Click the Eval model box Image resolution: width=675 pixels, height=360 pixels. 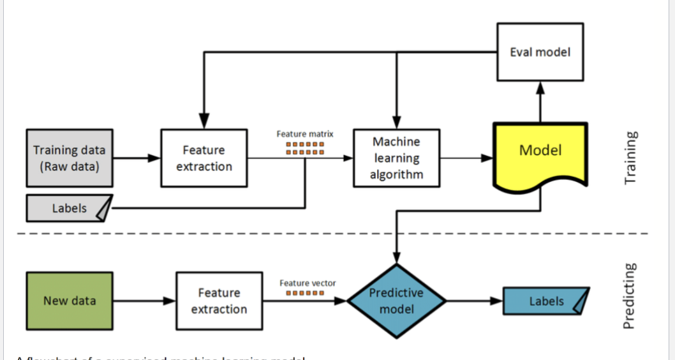(x=540, y=52)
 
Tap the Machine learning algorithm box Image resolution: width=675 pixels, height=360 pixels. (x=396, y=158)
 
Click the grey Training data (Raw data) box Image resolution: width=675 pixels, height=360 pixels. (x=70, y=158)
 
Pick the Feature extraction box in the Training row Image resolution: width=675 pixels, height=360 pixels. (x=204, y=158)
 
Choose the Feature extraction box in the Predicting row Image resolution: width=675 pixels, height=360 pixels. (x=219, y=301)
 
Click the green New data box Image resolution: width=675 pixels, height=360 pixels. (x=70, y=301)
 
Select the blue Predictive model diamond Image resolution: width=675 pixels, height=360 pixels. (x=397, y=301)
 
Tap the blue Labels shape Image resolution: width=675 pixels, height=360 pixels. (x=545, y=301)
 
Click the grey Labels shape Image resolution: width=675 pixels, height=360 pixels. (x=69, y=208)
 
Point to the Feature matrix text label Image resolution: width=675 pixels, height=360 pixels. (x=305, y=134)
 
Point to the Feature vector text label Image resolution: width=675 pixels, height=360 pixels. (x=308, y=283)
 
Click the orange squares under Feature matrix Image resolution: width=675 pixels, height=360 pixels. (x=306, y=148)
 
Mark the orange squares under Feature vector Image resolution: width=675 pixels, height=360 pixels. (x=306, y=293)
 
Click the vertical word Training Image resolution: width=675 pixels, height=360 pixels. (x=632, y=158)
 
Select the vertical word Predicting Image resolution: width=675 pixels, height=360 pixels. (x=632, y=296)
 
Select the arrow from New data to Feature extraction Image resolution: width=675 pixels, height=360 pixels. (x=144, y=301)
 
